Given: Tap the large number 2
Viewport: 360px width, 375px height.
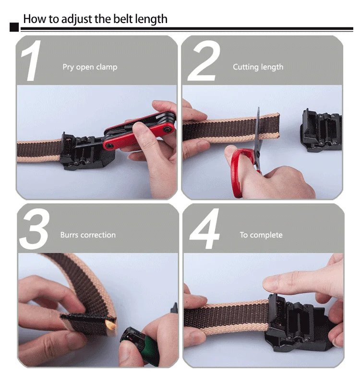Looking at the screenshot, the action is [x=204, y=61].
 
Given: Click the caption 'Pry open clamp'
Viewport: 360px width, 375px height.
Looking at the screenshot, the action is [x=90, y=67].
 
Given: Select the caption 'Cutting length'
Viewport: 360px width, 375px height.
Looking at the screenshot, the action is [x=258, y=67].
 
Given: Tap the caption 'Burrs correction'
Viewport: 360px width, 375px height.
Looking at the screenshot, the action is [x=88, y=235].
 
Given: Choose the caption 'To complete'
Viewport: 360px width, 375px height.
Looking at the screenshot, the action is [x=261, y=235].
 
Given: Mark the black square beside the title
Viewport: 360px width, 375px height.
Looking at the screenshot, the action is [x=14, y=27].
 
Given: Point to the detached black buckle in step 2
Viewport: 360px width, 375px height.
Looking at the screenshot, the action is [x=321, y=130].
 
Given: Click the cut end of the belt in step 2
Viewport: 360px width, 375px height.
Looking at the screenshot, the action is [x=277, y=126].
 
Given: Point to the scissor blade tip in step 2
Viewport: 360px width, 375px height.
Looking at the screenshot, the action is [x=259, y=108].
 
